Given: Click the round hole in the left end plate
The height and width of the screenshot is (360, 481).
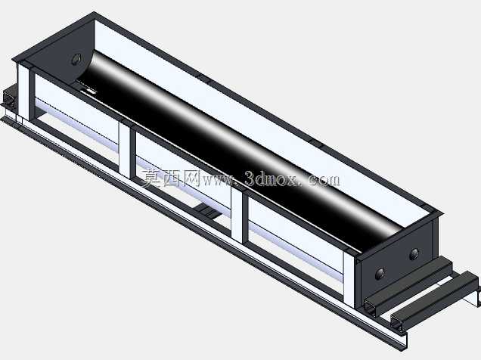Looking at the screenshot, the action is tap(76, 60).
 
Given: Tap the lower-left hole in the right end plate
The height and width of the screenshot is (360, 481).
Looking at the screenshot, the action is tap(380, 273).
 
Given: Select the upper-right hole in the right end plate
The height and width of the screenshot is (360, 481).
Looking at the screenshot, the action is tap(414, 254).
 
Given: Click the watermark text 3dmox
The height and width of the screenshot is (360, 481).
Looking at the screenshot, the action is tap(272, 178).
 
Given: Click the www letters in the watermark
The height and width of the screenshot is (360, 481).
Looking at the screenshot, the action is tap(218, 180).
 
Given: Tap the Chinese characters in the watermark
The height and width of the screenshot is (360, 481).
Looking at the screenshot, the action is tap(171, 178).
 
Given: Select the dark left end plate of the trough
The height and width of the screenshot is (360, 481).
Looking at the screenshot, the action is tap(58, 55).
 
